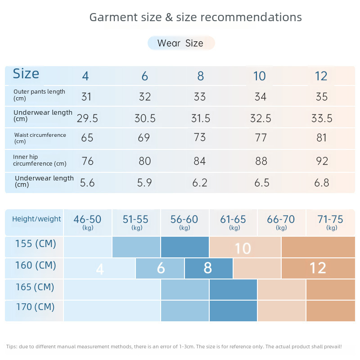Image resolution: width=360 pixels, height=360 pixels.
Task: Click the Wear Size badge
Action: pyautogui.click(x=181, y=43)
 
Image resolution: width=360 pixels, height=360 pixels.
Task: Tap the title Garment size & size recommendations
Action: pyautogui.click(x=195, y=17)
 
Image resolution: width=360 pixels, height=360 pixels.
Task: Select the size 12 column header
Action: pyautogui.click(x=321, y=76)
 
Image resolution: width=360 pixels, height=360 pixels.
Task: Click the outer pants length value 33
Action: pyautogui.click(x=199, y=97)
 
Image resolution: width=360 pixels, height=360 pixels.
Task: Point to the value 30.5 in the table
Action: pyautogui.click(x=145, y=118)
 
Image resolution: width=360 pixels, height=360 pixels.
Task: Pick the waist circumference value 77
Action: pyautogui.click(x=261, y=138)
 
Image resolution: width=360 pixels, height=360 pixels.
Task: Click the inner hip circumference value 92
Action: pyautogui.click(x=322, y=161)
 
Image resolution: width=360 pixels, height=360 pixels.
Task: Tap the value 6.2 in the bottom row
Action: pyautogui.click(x=200, y=183)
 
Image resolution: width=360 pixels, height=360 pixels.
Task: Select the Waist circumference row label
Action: pyautogui.click(x=40, y=138)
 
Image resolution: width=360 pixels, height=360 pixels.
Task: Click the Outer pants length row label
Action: pyautogui.click(x=39, y=94)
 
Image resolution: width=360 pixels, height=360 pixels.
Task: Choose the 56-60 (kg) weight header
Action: pyautogui.click(x=184, y=222)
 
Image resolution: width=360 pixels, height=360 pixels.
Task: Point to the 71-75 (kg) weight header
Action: pyautogui.click(x=330, y=222)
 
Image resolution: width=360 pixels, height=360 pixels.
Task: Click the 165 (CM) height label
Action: pyautogui.click(x=35, y=287)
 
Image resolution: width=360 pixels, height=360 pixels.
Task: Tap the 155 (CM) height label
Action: pyautogui.click(x=35, y=244)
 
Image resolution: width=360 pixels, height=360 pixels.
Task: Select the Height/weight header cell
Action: pyautogui.click(x=36, y=219)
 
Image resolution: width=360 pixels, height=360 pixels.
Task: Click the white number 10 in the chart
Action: pyautogui.click(x=243, y=248)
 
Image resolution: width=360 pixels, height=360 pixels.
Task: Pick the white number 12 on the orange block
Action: pyautogui.click(x=318, y=268)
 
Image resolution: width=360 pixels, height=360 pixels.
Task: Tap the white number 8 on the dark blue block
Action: pyautogui.click(x=207, y=268)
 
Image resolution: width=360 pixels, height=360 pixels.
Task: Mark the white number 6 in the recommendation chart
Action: pyautogui.click(x=161, y=269)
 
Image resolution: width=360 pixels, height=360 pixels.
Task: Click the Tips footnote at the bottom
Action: pyautogui.click(x=174, y=346)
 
